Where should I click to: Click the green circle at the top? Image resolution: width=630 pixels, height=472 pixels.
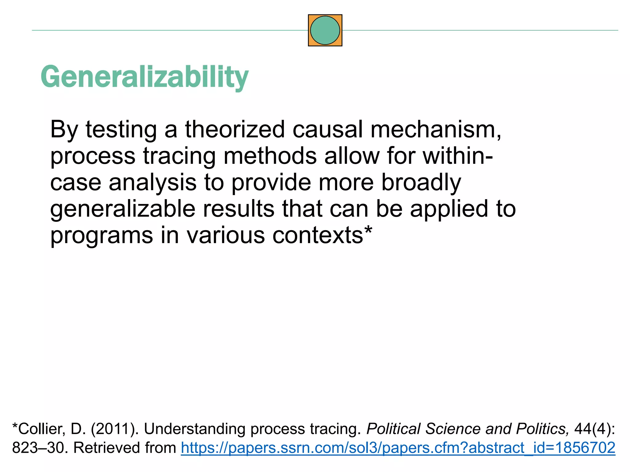[x=325, y=30]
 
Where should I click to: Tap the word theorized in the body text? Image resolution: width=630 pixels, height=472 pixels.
[x=235, y=129]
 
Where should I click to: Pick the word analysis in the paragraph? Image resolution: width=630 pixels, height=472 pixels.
[x=152, y=182]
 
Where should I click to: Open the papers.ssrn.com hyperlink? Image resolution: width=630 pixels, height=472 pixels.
[x=398, y=448]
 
